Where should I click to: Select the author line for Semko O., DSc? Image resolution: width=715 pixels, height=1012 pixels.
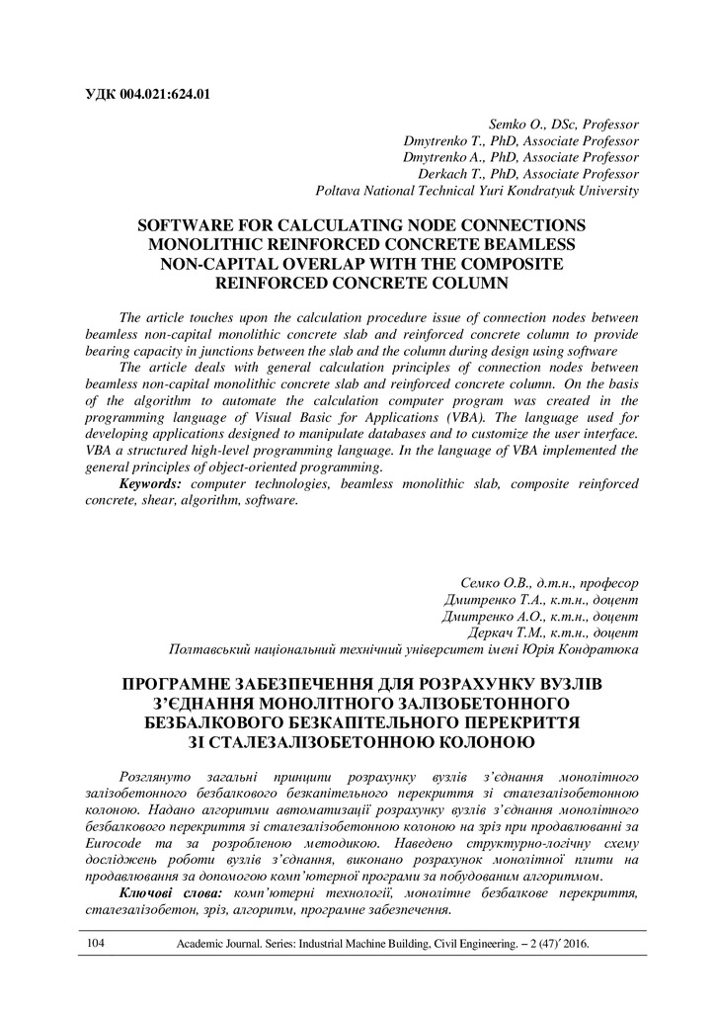tap(564, 126)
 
